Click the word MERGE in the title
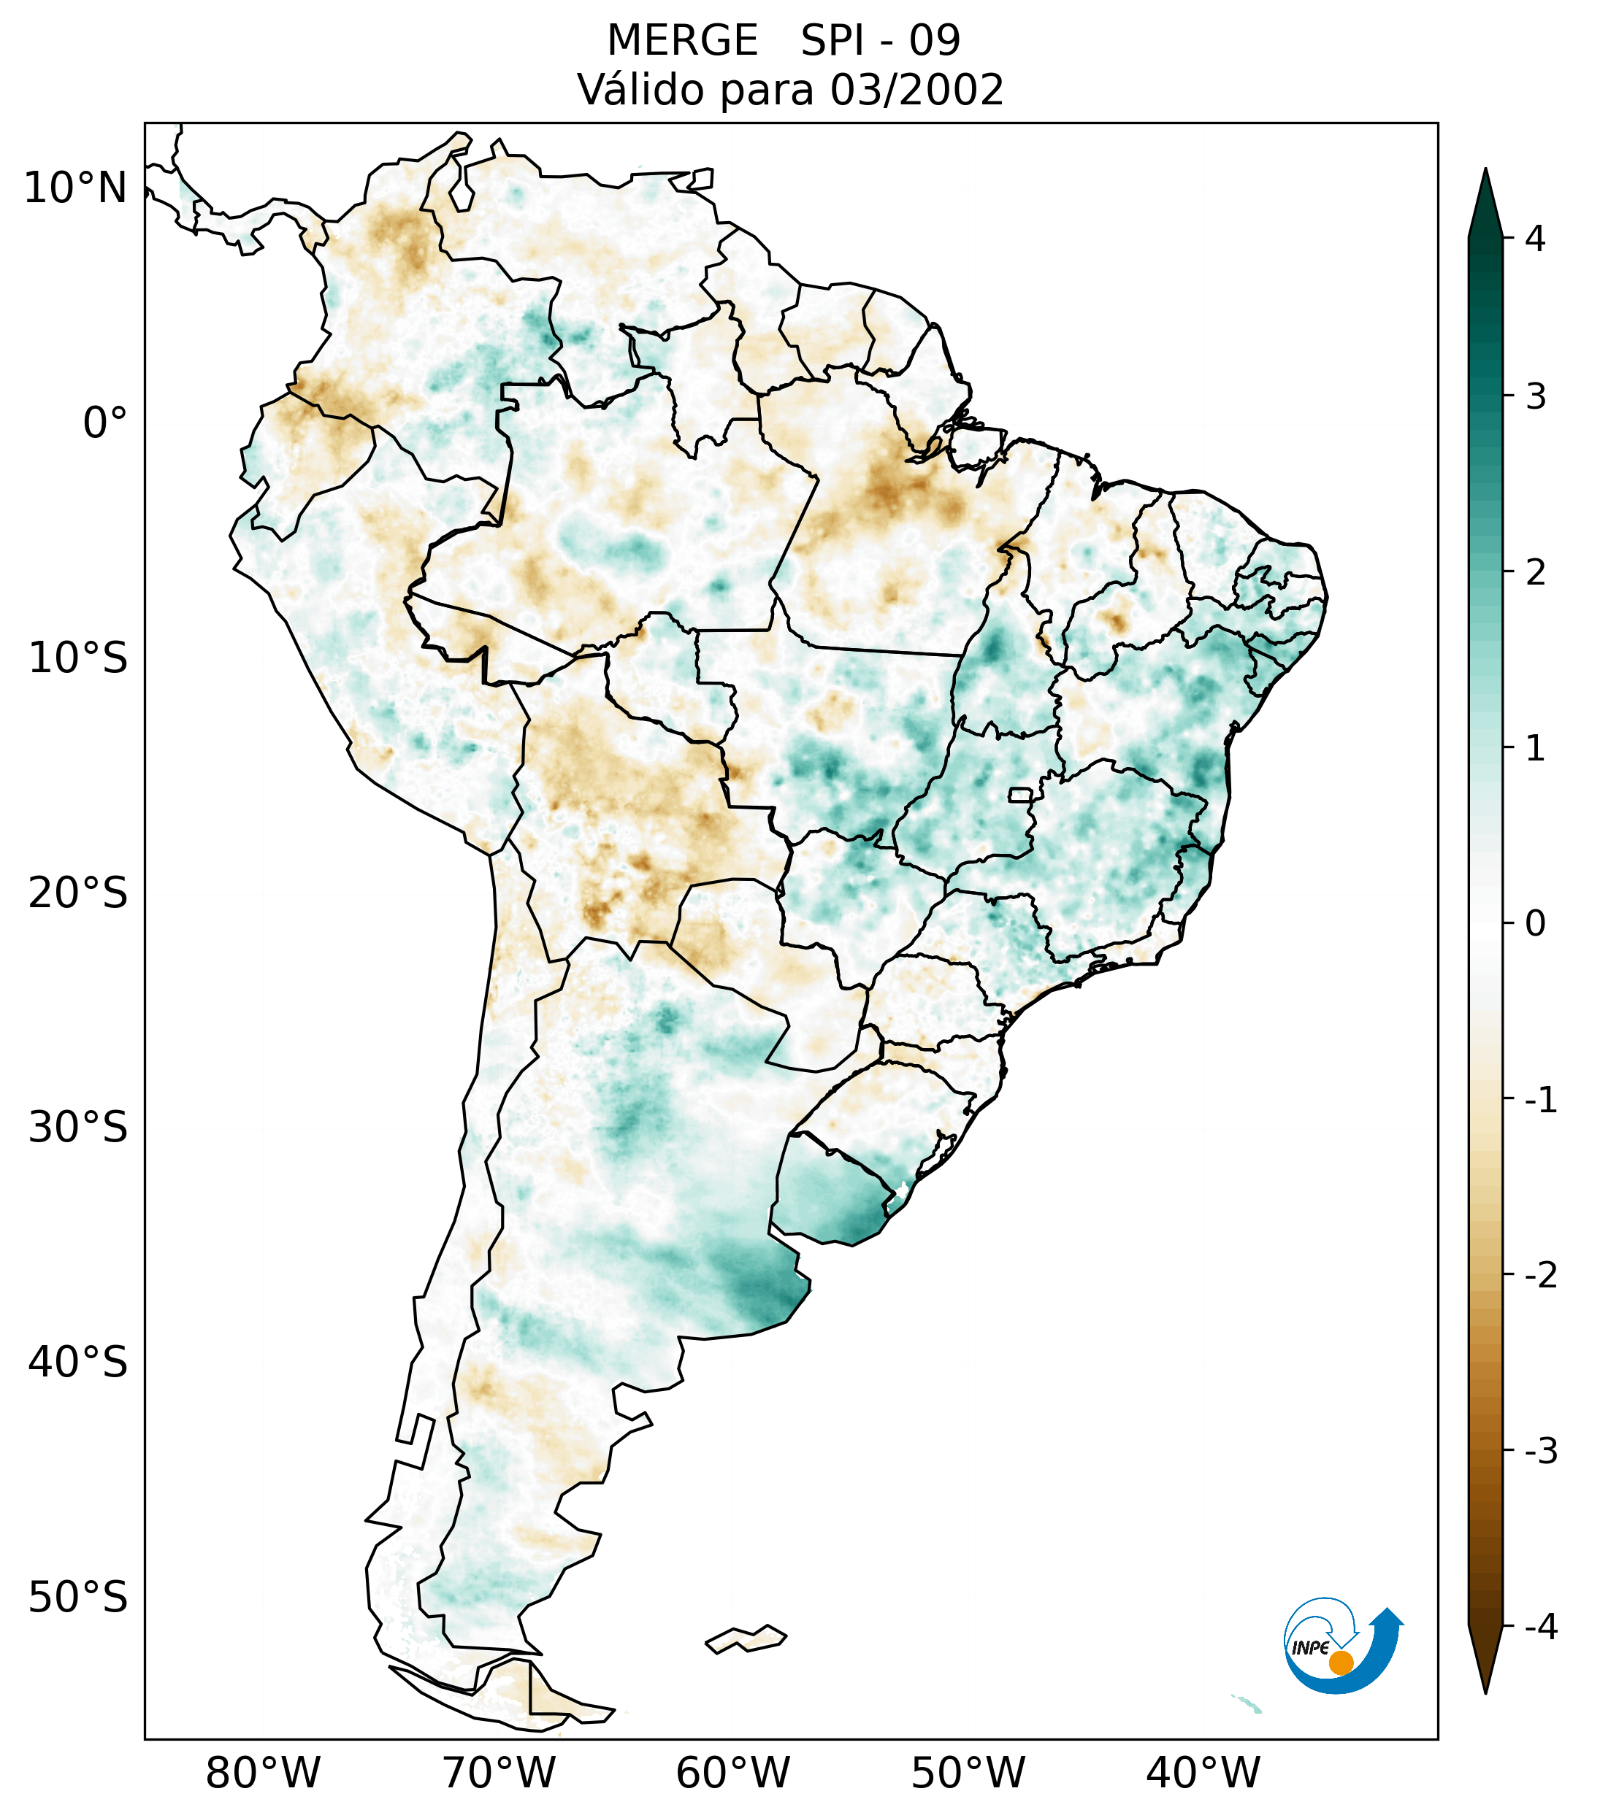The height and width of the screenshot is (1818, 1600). pyautogui.click(x=683, y=41)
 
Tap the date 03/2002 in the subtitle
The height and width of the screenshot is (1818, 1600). pyautogui.click(x=916, y=90)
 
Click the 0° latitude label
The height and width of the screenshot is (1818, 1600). pyautogui.click(x=105, y=423)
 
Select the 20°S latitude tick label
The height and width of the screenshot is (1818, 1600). pyautogui.click(x=78, y=893)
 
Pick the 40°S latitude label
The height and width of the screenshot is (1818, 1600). pyautogui.click(x=78, y=1363)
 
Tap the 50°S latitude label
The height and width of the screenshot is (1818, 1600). pyautogui.click(x=78, y=1598)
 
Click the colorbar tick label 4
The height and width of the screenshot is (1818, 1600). pyautogui.click(x=1535, y=239)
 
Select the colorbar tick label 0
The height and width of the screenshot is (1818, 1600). pyautogui.click(x=1535, y=924)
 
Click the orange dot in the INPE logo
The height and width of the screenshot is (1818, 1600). pyautogui.click(x=1341, y=1663)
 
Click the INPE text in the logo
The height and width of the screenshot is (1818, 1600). pyautogui.click(x=1310, y=1648)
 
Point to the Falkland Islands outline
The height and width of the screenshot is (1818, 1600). pyautogui.click(x=746, y=1638)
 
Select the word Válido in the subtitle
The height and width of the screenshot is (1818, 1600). pyautogui.click(x=640, y=90)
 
